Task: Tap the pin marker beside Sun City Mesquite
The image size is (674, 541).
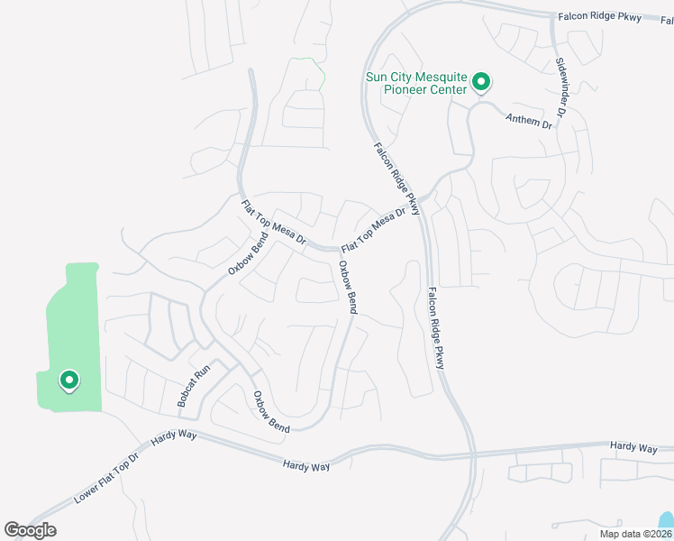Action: point(481,83)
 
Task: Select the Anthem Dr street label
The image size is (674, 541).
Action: point(527,121)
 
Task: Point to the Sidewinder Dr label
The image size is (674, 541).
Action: point(560,88)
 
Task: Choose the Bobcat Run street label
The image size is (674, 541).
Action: point(194,385)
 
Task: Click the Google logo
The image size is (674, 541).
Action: point(30,530)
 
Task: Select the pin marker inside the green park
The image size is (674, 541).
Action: point(68,381)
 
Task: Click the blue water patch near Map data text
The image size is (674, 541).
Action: point(666,522)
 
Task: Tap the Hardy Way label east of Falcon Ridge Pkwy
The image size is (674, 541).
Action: point(633,446)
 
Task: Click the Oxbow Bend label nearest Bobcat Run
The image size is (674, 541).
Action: point(270,412)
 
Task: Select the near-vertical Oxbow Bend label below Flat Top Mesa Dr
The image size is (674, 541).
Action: point(347,288)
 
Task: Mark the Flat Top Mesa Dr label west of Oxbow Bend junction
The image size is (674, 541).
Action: point(274,225)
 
